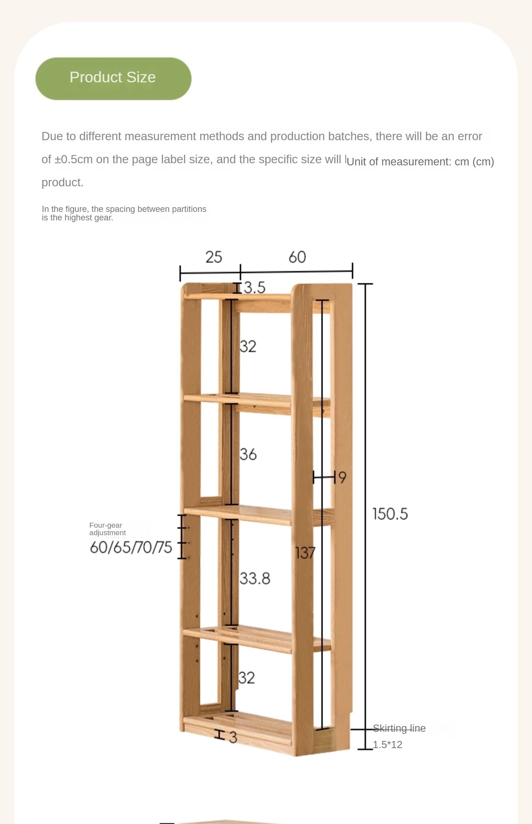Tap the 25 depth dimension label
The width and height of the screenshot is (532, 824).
214,257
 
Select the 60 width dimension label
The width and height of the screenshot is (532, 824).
297,257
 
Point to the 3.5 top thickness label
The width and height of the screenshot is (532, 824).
254,287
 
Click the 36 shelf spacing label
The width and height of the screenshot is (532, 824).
248,454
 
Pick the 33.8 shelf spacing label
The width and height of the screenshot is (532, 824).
255,578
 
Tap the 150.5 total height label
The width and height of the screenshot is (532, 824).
390,514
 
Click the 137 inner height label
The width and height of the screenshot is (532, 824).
305,553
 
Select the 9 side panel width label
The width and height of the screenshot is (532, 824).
342,477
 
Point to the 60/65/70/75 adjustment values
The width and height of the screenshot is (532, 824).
131,547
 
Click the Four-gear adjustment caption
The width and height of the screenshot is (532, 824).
107,529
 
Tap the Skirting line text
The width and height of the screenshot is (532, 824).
399,728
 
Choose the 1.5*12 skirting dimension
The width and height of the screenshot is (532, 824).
387,745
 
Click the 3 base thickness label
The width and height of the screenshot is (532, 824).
233,737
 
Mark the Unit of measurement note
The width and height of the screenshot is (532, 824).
420,161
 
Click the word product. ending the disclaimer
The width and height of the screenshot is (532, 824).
62,182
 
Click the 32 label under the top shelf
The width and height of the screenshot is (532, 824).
248,346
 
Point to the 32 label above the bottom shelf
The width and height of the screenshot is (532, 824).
246,678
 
